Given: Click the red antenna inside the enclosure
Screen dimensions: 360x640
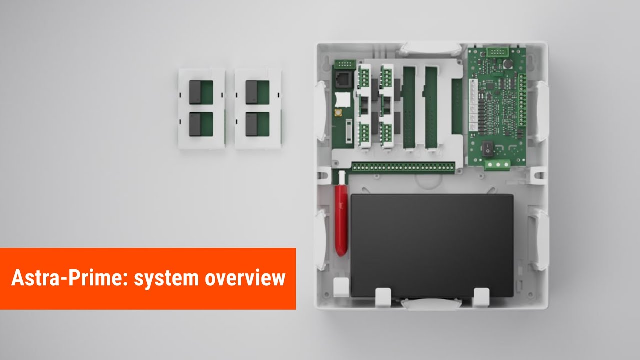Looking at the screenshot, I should [x=341, y=220].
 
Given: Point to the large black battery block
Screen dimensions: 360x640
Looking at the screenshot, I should [x=432, y=245].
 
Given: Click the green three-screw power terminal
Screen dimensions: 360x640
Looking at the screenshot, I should [x=496, y=165].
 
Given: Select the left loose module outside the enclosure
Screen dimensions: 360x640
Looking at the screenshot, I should [x=201, y=109].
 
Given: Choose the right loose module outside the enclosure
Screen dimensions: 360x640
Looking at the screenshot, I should [x=258, y=109].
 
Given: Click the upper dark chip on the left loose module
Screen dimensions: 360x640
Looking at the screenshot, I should [x=195, y=92].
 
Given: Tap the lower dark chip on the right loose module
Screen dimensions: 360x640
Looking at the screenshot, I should [x=251, y=124].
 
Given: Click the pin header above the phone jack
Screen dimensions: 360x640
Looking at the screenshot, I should [x=345, y=64].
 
